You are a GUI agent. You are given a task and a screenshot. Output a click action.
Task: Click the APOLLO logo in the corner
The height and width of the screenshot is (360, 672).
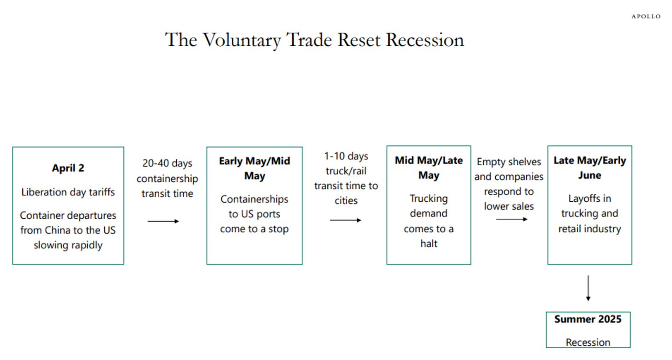[646, 17]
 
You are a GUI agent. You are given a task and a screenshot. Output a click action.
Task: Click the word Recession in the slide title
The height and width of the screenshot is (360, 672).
[425, 40]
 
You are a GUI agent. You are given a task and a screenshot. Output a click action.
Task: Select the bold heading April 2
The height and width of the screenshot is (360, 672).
[68, 168]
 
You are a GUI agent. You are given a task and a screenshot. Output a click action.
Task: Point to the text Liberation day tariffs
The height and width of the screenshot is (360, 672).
[68, 192]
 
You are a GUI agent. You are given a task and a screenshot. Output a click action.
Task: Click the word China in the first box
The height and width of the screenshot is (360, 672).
[58, 230]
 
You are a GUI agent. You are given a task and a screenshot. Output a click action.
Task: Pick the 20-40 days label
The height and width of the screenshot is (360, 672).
[168, 163]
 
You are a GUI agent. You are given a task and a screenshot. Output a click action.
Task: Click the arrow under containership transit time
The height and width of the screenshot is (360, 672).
[163, 222]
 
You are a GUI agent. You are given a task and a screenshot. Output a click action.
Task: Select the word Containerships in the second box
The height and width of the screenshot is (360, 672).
[254, 199]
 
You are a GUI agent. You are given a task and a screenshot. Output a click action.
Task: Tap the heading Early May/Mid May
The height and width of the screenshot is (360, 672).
[255, 168]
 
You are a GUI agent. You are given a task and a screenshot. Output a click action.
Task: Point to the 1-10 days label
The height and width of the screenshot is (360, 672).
[346, 156]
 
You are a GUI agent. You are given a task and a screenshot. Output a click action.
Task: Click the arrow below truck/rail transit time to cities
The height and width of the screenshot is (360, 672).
[346, 220]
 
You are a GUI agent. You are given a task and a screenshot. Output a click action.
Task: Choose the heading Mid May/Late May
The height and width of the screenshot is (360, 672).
[429, 168]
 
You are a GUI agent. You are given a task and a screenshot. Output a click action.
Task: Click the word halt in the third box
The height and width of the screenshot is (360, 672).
[429, 244]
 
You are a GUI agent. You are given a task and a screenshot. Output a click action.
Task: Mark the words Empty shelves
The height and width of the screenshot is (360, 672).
[509, 162]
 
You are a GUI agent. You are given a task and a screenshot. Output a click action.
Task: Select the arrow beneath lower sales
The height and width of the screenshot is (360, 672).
[512, 219]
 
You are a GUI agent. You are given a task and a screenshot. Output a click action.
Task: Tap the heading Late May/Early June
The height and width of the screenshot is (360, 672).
[590, 168]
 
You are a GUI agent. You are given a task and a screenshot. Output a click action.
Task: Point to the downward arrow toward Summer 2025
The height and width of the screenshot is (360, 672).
[588, 288]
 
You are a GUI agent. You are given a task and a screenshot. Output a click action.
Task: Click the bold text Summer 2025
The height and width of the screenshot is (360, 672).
[588, 319]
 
